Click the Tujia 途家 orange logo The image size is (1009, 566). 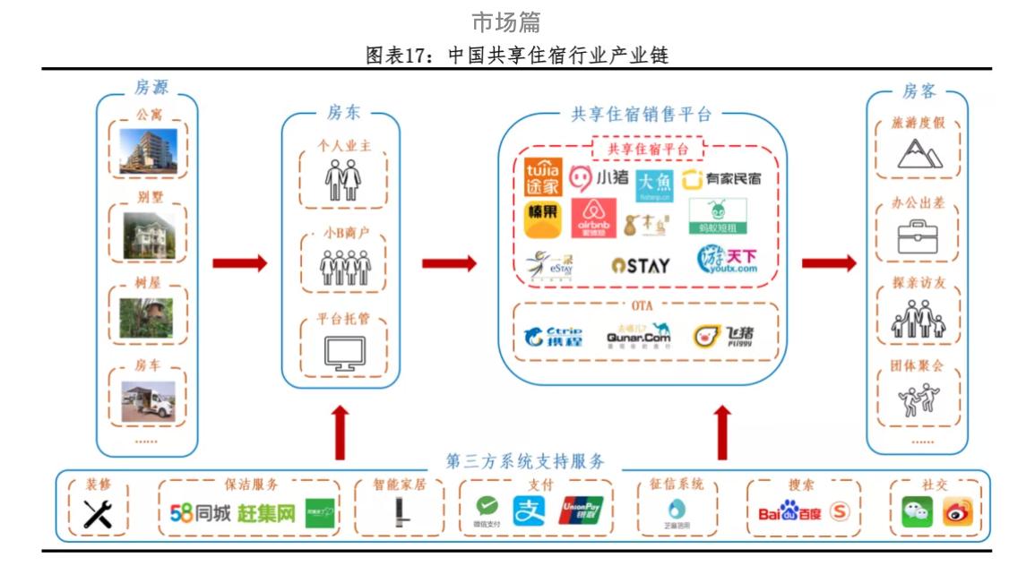[542, 176]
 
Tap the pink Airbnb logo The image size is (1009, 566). [593, 218]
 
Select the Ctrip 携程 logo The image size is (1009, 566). [553, 336]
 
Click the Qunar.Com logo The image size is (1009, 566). [638, 335]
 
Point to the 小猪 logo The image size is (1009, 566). [599, 178]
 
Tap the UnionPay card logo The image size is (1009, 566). [581, 510]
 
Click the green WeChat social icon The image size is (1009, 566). [916, 512]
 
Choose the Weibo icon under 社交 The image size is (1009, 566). [957, 512]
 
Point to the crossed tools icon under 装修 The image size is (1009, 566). [97, 513]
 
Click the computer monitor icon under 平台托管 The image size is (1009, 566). [344, 354]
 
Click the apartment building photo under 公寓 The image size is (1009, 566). [150, 150]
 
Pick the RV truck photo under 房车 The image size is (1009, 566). [149, 402]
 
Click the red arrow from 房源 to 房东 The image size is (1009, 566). [239, 263]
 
